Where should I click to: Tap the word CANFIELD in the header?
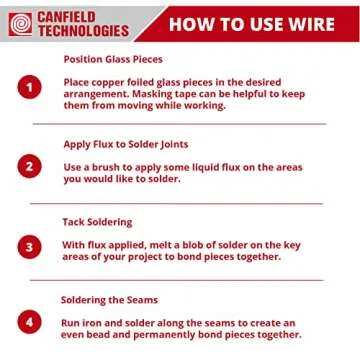(x=74, y=15)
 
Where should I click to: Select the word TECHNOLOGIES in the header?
(x=83, y=30)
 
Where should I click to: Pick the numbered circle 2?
(x=30, y=166)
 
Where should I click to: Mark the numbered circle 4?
(x=30, y=323)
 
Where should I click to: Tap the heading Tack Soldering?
(x=97, y=221)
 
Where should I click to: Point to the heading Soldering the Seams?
(x=108, y=299)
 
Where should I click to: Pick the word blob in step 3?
(x=188, y=243)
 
